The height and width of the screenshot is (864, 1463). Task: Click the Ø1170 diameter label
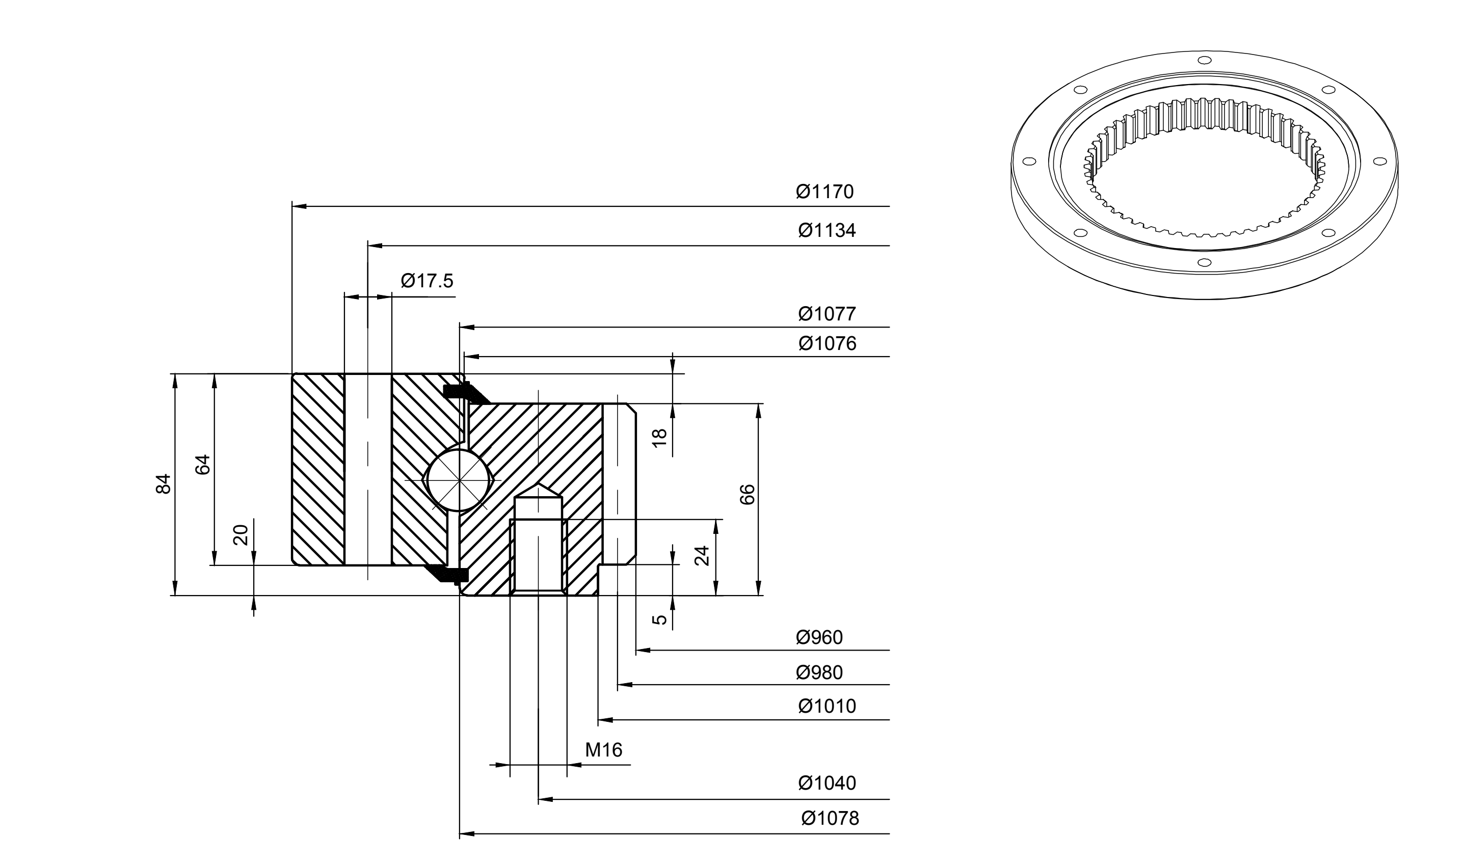point(824,192)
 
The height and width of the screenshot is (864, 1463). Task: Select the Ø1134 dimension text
point(827,231)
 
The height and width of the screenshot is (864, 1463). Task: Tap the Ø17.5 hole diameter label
point(427,281)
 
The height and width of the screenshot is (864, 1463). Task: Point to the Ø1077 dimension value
point(827,314)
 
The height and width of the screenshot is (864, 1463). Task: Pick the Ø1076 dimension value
point(828,343)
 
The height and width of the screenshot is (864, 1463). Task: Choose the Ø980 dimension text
point(819,672)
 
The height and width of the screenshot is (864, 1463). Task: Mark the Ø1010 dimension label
point(827,706)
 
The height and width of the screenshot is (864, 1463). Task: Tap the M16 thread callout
point(604,750)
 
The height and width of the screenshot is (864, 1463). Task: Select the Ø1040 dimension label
point(827,783)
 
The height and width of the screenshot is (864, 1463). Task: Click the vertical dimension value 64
point(202,465)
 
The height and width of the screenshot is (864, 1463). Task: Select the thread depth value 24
point(703,555)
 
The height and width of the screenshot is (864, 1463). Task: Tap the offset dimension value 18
point(659,437)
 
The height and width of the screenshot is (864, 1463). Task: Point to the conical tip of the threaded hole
point(539,484)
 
